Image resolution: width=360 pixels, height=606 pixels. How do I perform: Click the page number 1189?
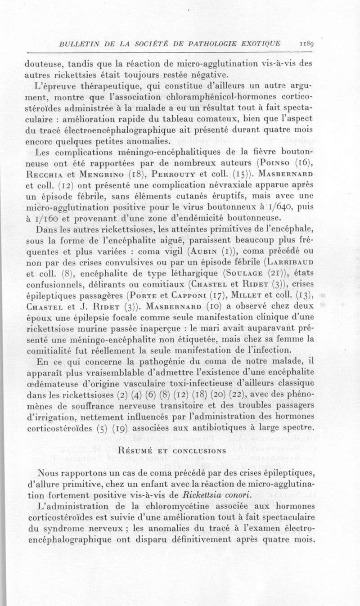(x=308, y=44)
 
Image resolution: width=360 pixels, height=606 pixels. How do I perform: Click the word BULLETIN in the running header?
(x=75, y=44)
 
